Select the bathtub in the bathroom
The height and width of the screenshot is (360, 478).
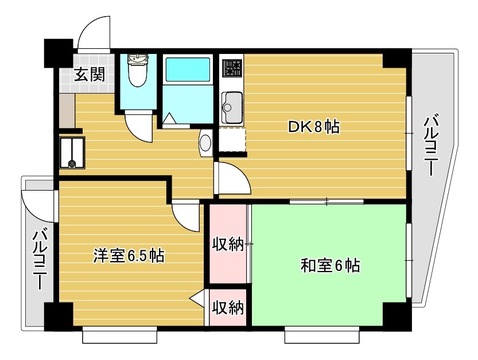coord(188,70)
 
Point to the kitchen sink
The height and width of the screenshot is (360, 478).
coord(232,107)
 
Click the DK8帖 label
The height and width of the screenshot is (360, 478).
coord(314,126)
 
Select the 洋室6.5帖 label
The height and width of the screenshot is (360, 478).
coord(129,256)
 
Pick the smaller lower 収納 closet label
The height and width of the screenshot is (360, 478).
coord(228,307)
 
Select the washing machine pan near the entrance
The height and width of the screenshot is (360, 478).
coord(72,153)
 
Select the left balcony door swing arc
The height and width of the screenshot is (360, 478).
coord(36,204)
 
